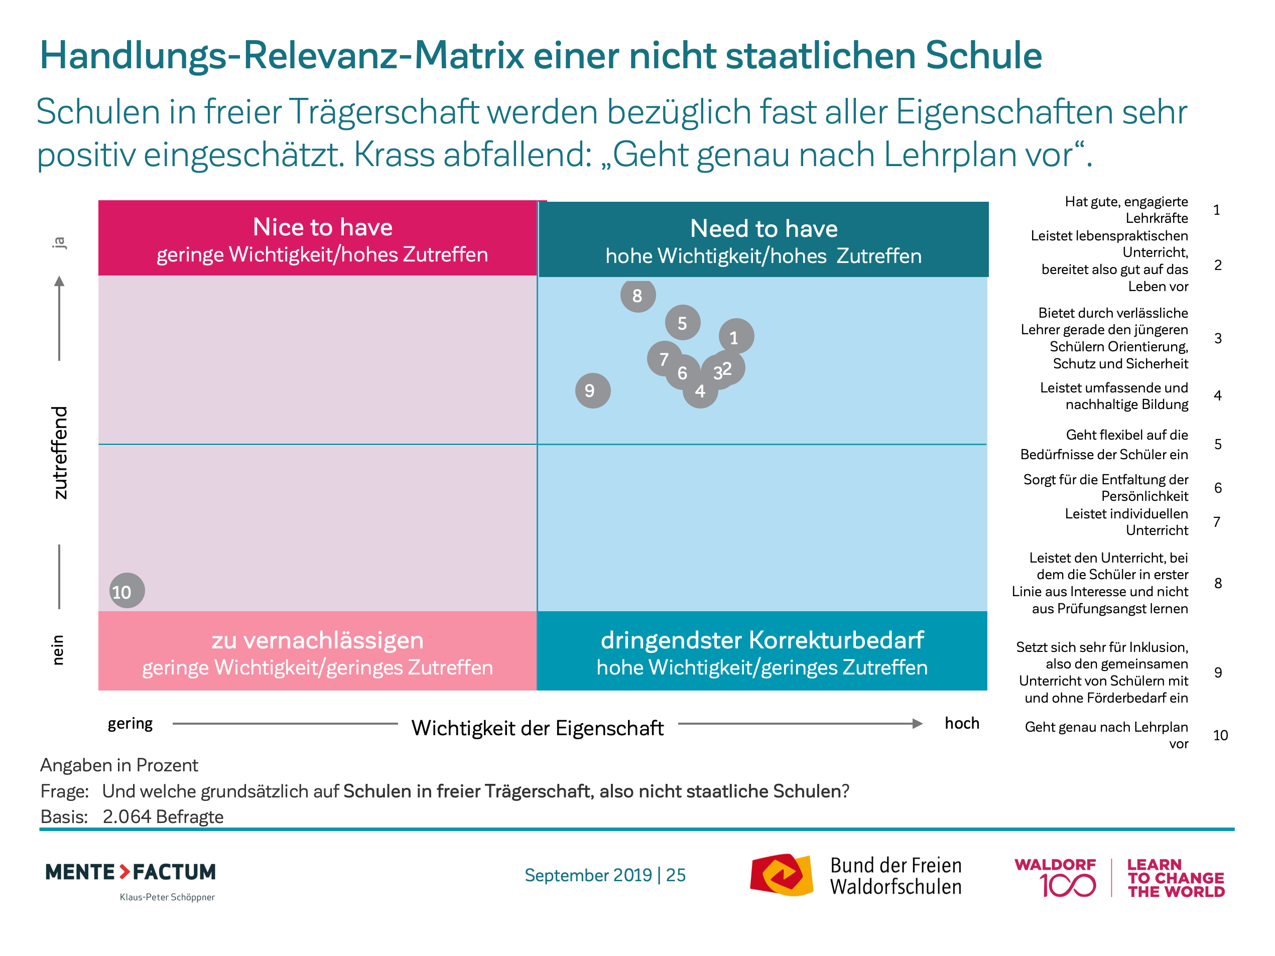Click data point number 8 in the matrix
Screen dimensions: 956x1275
click(x=637, y=296)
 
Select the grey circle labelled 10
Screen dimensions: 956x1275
click(x=127, y=591)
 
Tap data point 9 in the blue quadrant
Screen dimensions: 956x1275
click(x=592, y=391)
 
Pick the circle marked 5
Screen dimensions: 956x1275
click(x=683, y=323)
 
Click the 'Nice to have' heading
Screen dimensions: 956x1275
click(x=322, y=227)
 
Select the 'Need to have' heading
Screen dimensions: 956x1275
click(x=763, y=229)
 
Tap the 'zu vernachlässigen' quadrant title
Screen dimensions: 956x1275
click(x=318, y=640)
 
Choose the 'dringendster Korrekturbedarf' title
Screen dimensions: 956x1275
click(x=762, y=640)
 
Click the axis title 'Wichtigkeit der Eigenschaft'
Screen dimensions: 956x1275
click(x=537, y=728)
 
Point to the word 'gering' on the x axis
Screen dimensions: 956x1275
click(x=131, y=724)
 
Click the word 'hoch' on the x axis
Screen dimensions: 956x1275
click(x=961, y=723)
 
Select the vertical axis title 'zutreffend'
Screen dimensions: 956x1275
click(x=60, y=452)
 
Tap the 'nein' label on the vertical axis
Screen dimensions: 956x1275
click(x=58, y=650)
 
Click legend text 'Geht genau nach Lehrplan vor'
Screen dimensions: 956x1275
click(x=1106, y=735)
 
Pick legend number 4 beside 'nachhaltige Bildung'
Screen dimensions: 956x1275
click(x=1217, y=396)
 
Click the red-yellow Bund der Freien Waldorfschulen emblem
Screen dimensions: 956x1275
click(x=782, y=875)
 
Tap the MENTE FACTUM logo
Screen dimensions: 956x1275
click(x=131, y=872)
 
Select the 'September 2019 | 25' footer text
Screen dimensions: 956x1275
click(x=605, y=875)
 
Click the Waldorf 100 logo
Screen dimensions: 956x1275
click(x=1055, y=878)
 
